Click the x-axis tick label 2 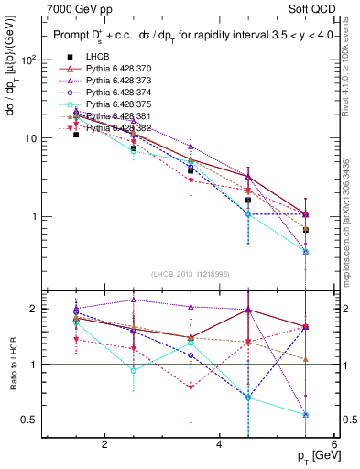click(104, 445)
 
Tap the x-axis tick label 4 click(219, 445)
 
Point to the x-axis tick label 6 click(333, 445)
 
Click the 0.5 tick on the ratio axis click(30, 420)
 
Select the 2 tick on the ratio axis click(34, 309)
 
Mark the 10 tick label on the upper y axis click(28, 138)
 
